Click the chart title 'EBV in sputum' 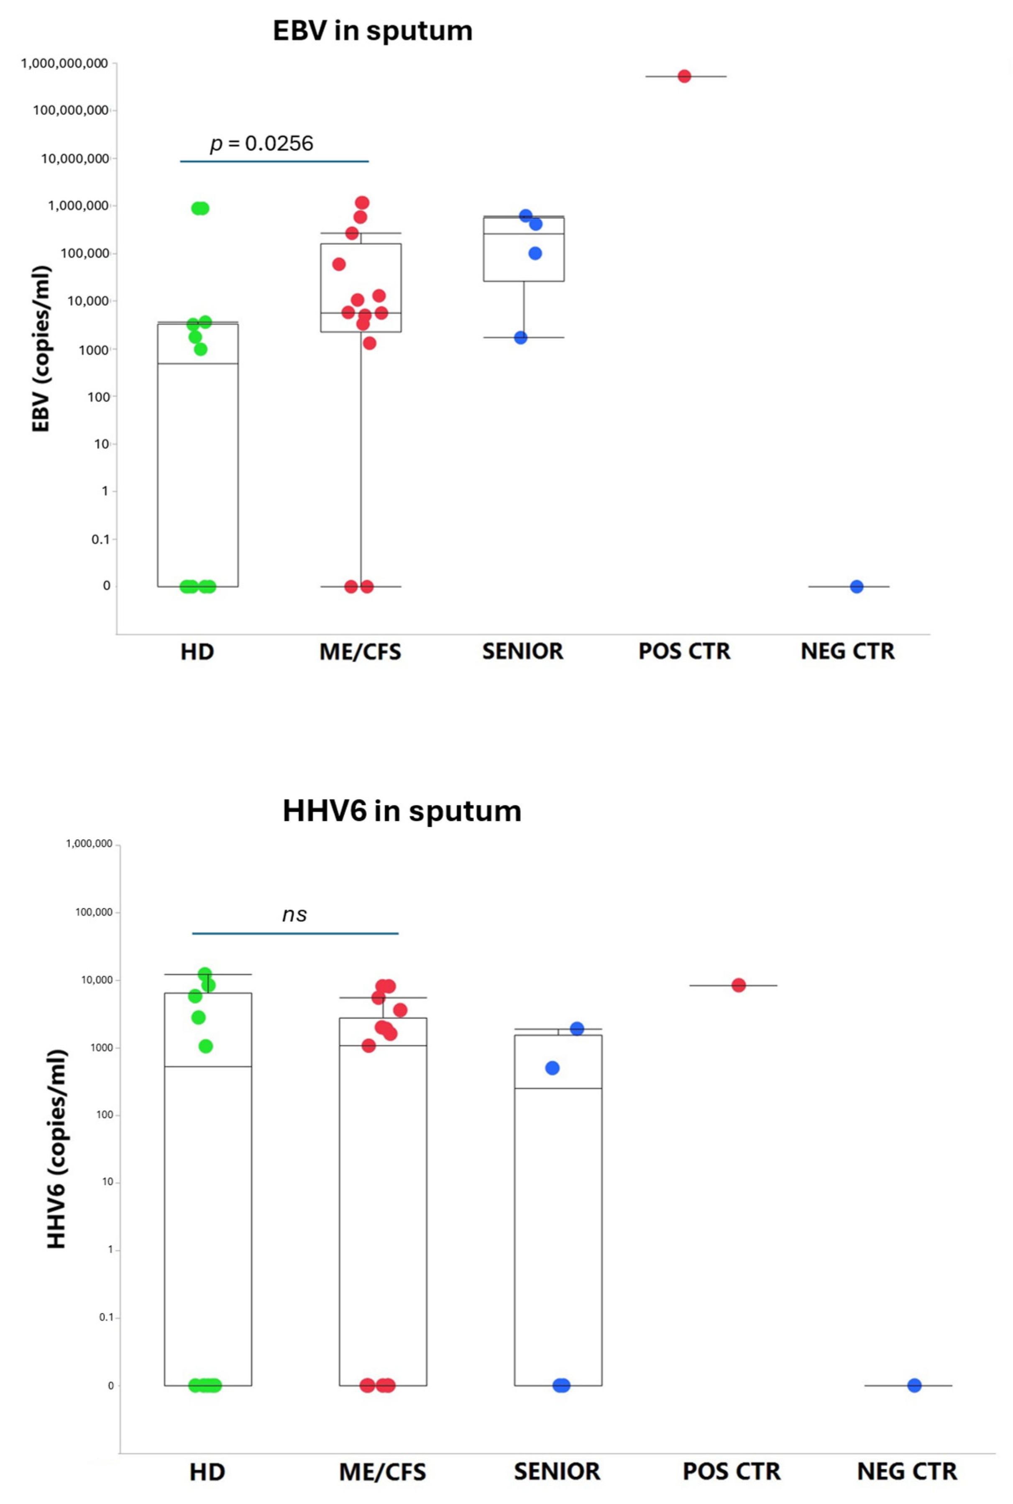click(x=372, y=31)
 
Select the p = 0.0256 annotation click(x=262, y=143)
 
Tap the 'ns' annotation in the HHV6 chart click(x=294, y=915)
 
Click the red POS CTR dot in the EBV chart click(x=684, y=76)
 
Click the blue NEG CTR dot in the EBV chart click(x=856, y=587)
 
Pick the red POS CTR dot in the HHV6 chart click(x=739, y=985)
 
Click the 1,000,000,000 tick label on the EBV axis click(x=64, y=63)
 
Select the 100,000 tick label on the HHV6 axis click(x=94, y=912)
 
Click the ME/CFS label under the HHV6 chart click(x=382, y=1472)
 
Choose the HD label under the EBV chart click(x=197, y=652)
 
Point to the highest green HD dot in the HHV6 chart click(x=205, y=974)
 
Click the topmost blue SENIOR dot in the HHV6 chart click(x=577, y=1028)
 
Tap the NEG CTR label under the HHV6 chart click(x=906, y=1472)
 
